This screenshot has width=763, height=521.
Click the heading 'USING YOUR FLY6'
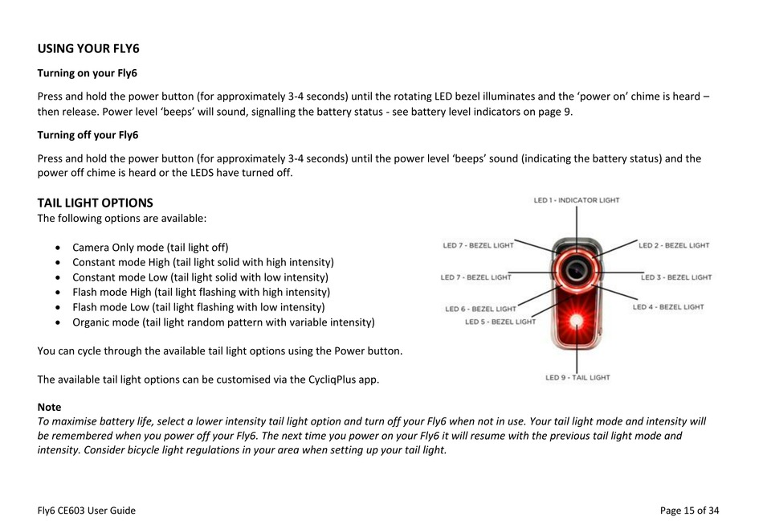pos(88,48)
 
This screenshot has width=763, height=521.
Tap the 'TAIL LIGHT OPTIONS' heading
pos(95,203)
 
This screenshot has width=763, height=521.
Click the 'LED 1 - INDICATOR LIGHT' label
pos(577,200)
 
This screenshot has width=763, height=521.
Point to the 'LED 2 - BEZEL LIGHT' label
pos(674,245)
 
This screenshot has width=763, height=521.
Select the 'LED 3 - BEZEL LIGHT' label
pos(676,277)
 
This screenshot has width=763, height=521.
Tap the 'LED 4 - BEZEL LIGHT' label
pos(668,307)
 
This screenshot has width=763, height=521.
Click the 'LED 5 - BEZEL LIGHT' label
pos(500,322)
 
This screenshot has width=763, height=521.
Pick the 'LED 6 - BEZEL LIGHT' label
pos(480,309)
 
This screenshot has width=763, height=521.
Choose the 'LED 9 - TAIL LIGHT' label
pos(577,377)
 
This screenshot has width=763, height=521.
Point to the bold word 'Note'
pos(49,408)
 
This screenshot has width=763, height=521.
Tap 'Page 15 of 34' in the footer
pos(689,510)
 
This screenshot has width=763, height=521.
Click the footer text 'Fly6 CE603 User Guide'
pos(87,510)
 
